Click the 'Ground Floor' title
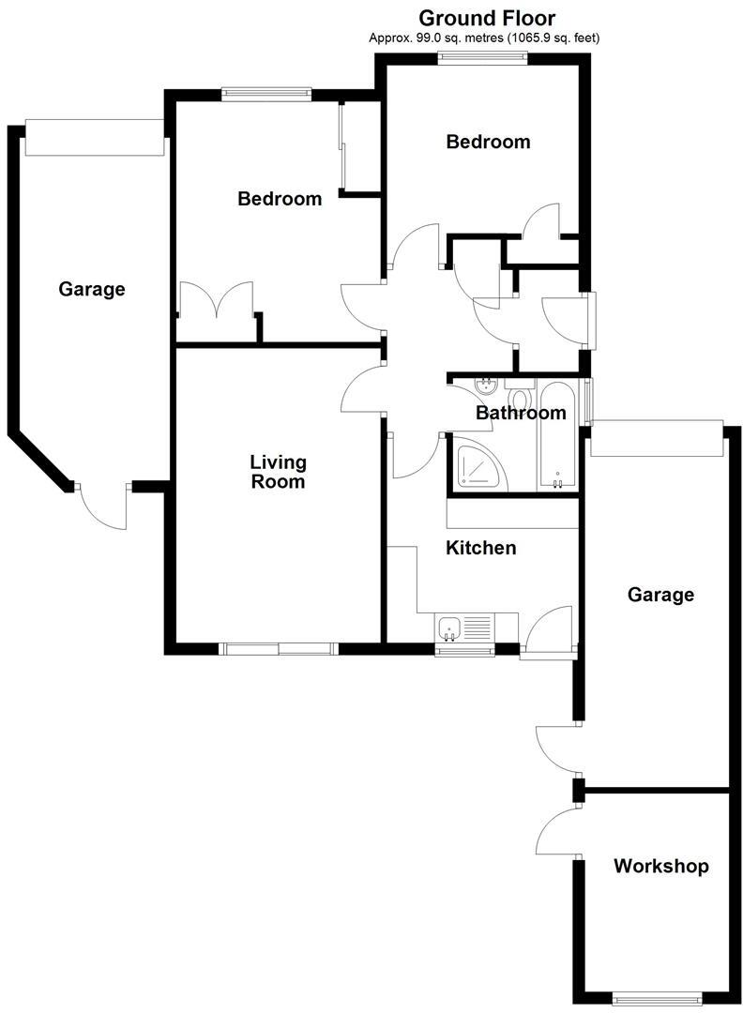point(486,18)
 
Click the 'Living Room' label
point(278,472)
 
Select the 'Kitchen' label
point(480,548)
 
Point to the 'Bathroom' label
point(521,413)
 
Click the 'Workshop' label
point(660,866)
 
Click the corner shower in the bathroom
point(478,466)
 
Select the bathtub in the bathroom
point(558,436)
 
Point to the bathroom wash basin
point(487,386)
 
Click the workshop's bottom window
point(657,998)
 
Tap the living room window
point(278,648)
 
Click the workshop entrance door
point(557,832)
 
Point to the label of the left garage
point(92,289)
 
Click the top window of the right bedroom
point(482,58)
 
